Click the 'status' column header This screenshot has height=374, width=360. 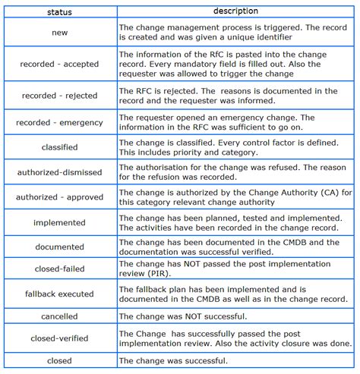60,12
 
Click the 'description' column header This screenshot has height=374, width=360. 235,11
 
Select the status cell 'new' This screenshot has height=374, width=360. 60,33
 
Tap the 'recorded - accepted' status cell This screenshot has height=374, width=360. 60,64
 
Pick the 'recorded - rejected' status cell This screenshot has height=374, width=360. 60,96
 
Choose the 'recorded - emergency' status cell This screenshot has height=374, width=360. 60,123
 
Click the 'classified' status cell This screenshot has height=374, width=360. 60,147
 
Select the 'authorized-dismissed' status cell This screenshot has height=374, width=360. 60,172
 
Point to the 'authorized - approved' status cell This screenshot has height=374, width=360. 60,197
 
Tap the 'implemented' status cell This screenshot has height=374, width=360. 60,222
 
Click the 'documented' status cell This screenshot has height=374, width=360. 60,247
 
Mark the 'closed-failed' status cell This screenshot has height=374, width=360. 60,269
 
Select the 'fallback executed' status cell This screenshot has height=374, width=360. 60,294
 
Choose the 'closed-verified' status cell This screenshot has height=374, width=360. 60,338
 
